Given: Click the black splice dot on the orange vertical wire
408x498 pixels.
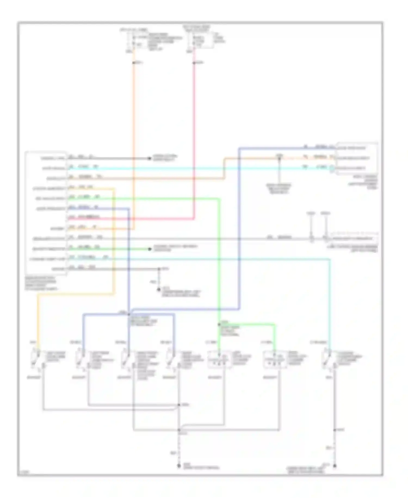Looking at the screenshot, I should point(134,63).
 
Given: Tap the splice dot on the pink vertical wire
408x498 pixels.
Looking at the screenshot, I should point(194,63).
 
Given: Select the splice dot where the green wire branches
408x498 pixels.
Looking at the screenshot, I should point(219,324).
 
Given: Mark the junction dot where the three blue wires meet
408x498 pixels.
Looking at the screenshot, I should point(129,313).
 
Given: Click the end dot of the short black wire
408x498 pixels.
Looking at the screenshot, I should point(149,158).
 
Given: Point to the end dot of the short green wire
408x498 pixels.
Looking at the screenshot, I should point(149,249).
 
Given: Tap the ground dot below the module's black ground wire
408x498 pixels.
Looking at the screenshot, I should point(159,290).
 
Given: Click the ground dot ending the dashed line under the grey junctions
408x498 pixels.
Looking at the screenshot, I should point(179,466).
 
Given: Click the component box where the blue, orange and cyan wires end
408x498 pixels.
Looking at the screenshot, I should point(357,158).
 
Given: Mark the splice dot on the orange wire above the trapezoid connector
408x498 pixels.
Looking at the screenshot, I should point(279,158).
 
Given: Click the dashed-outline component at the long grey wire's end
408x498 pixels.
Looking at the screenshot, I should point(354,239).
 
